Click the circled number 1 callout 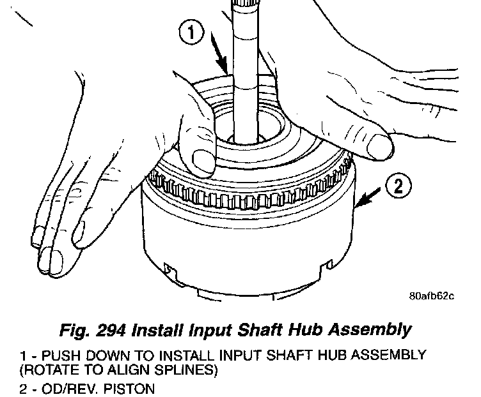[191, 32]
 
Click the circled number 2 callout [398, 186]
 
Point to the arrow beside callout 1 [219, 54]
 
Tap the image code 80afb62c [432, 296]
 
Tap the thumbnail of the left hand [203, 161]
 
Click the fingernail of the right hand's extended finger [380, 146]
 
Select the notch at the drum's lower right [326, 266]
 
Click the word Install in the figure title [159, 330]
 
